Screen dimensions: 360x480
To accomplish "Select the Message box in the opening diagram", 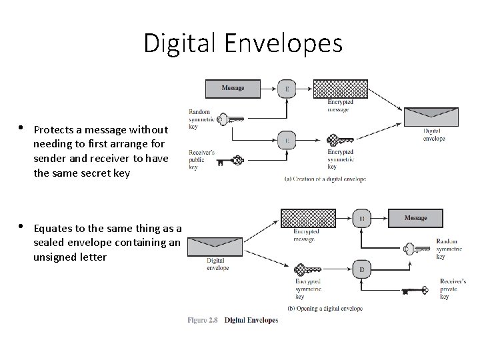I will tap(415, 218).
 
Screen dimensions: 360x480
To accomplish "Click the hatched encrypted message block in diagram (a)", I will tap(341, 89).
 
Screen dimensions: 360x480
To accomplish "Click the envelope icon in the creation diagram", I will tap(431, 117).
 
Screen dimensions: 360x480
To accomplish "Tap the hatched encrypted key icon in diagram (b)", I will tap(307, 271).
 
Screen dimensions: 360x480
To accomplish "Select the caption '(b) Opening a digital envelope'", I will tap(325, 309).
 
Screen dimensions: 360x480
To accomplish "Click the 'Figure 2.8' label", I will tap(203, 320).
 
